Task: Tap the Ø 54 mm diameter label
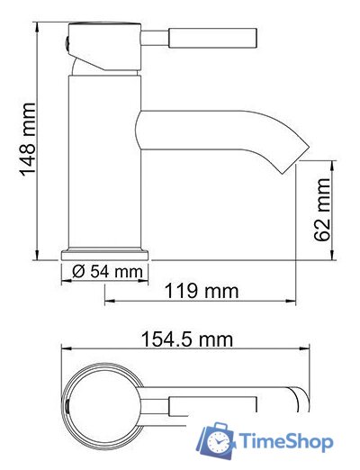106,271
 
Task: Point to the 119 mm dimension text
202,291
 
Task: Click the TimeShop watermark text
285,441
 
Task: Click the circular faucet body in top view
103,398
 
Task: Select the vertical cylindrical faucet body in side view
106,162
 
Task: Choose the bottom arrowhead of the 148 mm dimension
38,255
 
